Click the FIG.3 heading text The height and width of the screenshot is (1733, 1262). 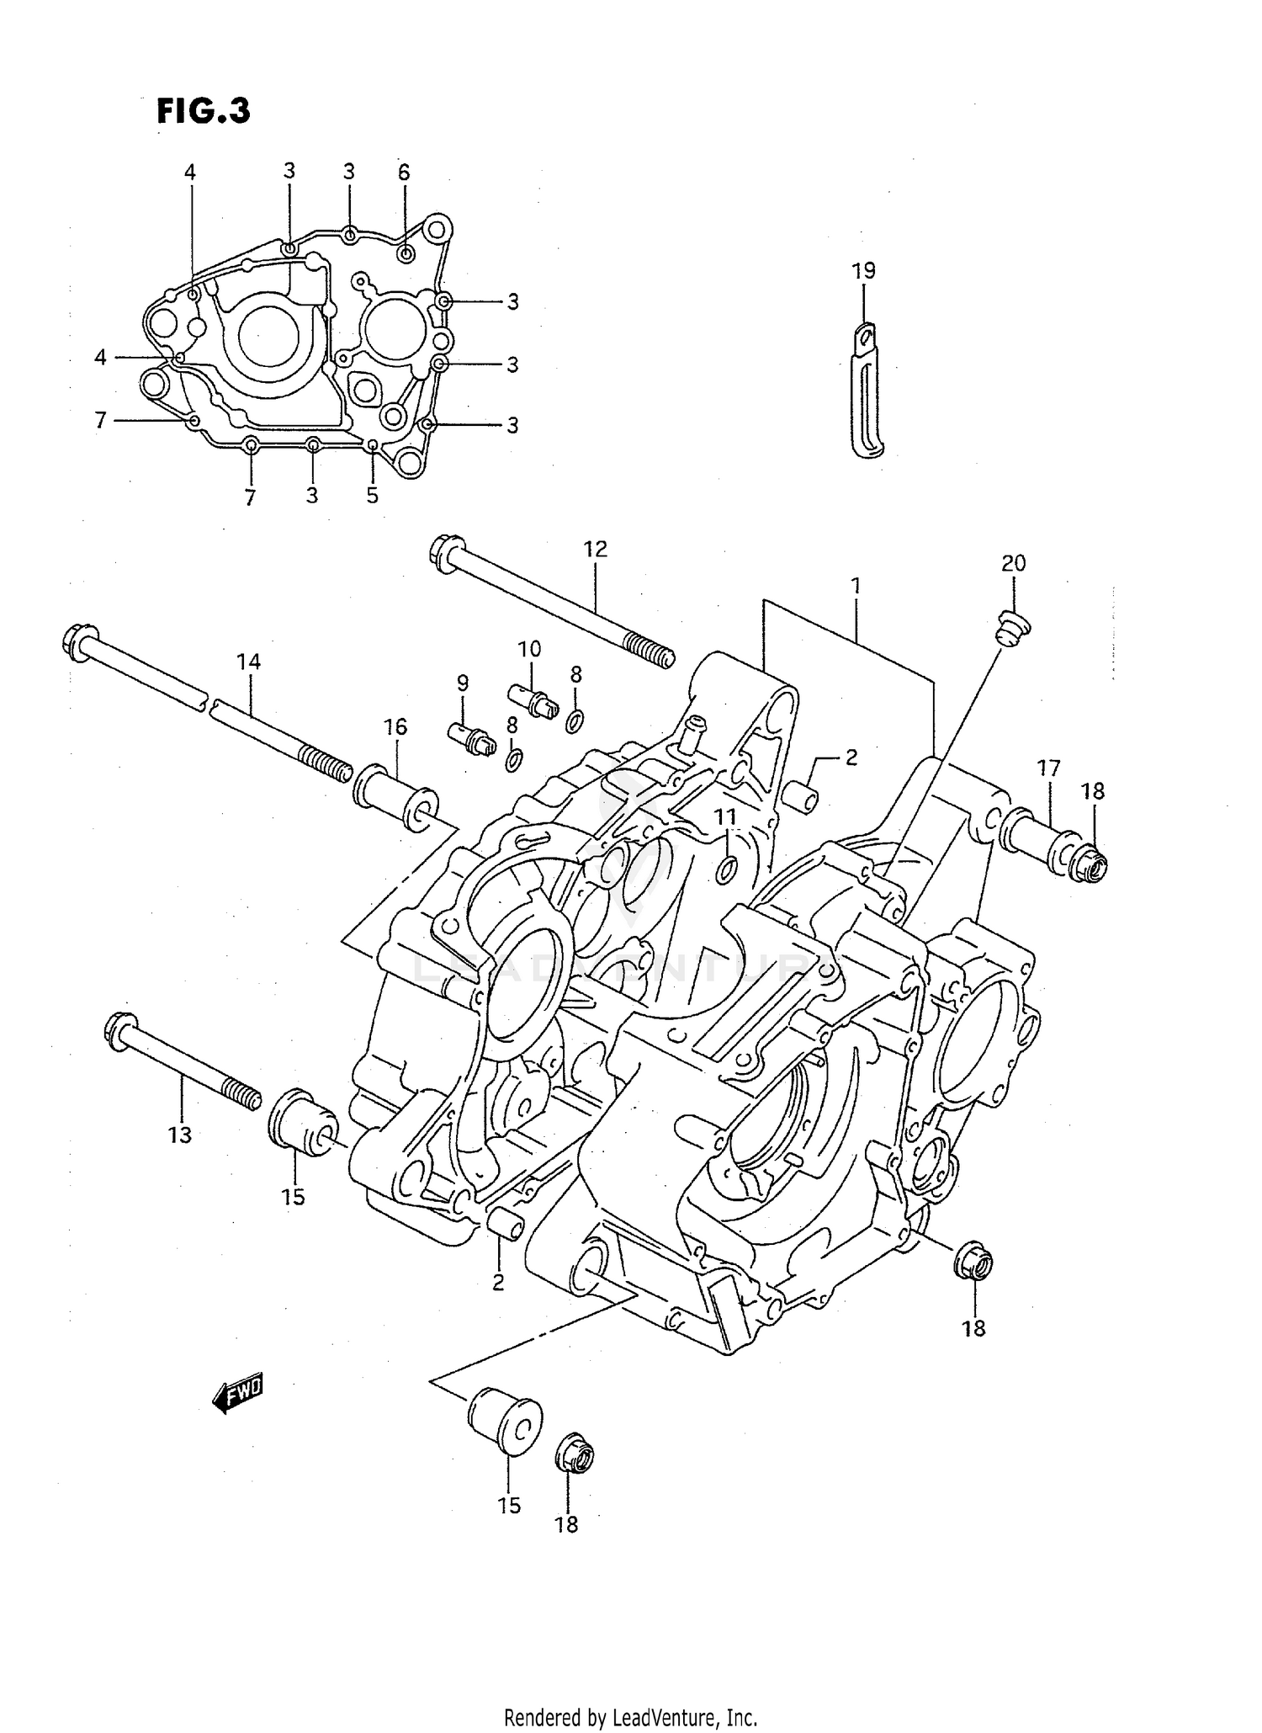point(203,111)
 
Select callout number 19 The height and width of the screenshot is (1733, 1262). point(863,271)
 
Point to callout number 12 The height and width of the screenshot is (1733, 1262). point(595,550)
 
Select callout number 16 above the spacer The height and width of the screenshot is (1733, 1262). point(395,726)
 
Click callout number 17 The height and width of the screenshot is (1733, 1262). point(1048,768)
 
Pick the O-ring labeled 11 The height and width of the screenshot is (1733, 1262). point(728,870)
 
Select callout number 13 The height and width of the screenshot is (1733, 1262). point(179,1135)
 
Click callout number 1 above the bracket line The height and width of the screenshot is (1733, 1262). point(856,586)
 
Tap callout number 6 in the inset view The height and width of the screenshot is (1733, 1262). point(404,173)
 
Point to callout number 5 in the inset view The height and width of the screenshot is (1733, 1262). point(372,496)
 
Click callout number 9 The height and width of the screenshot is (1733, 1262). point(463,683)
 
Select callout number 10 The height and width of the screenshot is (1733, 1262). point(529,649)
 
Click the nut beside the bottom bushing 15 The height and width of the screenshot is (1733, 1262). point(575,1452)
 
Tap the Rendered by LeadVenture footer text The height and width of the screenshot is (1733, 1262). point(630,1717)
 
